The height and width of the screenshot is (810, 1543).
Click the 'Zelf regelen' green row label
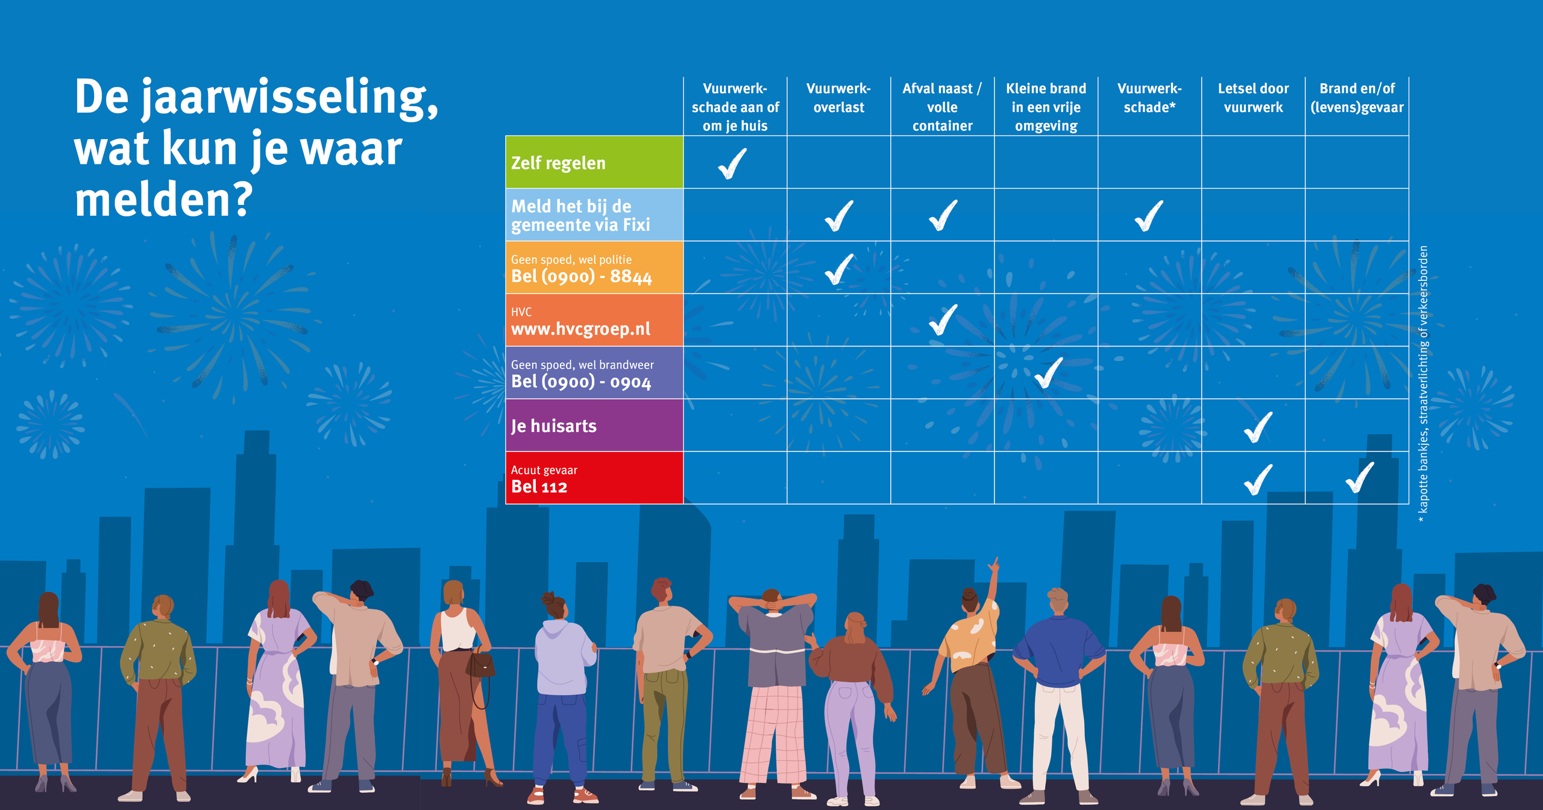(559, 163)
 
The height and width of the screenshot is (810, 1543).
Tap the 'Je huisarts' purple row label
(554, 426)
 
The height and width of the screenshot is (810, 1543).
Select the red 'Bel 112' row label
(539, 486)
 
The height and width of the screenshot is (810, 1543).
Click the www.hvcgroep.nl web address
(580, 329)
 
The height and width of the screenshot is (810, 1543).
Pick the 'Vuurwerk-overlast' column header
(838, 98)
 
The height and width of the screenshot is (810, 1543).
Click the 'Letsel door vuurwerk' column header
(1253, 98)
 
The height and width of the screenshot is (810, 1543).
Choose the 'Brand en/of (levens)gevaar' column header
(1357, 98)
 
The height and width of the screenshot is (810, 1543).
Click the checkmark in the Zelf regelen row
(733, 163)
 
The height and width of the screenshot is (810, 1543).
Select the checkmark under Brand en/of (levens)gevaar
(1360, 477)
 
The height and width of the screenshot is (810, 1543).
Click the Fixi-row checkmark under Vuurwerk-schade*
(1149, 216)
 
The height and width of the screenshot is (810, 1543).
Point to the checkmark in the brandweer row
(1049, 372)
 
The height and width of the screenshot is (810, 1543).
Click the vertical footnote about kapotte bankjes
(1424, 380)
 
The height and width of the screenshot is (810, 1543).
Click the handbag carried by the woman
(481, 666)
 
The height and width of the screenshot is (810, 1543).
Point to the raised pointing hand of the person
(993, 565)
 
